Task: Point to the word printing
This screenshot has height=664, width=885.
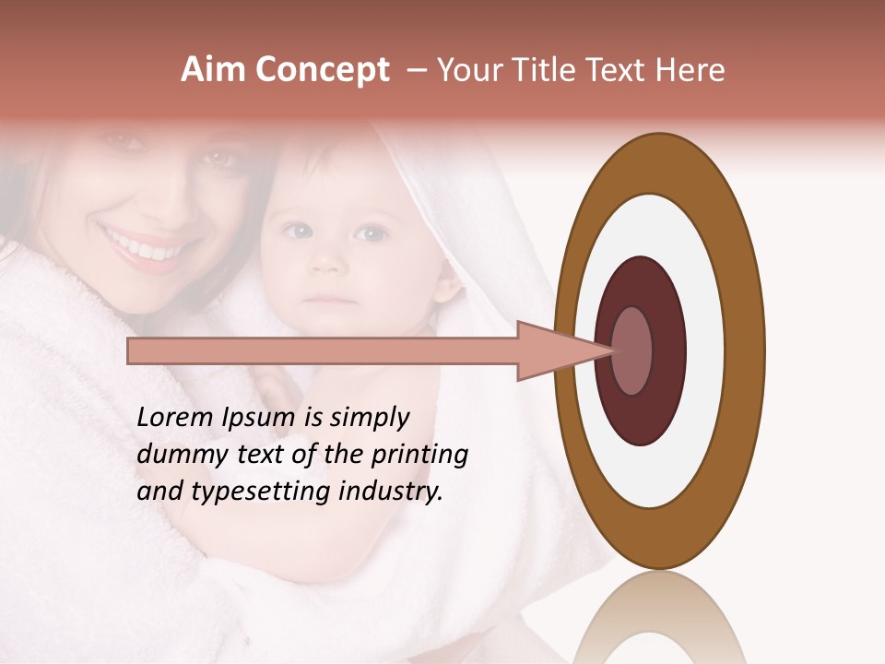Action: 419,455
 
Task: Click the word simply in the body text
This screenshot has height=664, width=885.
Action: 369,418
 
